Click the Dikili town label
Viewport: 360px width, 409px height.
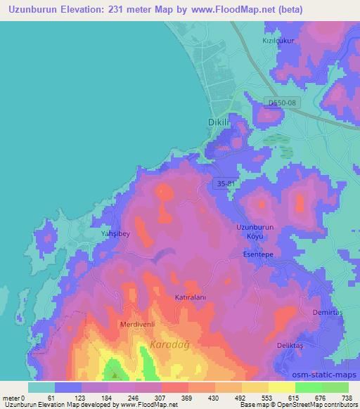click(219, 122)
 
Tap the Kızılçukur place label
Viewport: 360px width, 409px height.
click(278, 41)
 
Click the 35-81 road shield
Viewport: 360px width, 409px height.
click(223, 183)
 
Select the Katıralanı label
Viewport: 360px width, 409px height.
click(189, 298)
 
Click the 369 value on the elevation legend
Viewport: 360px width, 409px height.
click(186, 397)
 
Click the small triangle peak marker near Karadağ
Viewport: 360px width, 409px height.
click(114, 367)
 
